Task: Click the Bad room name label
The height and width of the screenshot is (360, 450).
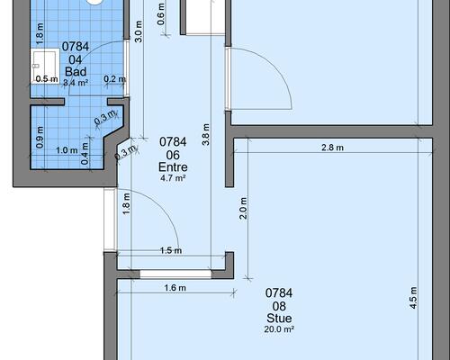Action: [x=76, y=71]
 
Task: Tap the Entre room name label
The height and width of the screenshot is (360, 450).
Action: [x=173, y=166]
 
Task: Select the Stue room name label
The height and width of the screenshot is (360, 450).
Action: [x=279, y=318]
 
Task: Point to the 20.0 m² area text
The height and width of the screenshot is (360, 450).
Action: [x=279, y=329]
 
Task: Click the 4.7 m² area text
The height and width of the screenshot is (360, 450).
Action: [x=173, y=178]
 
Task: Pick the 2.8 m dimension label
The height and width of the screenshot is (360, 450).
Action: [x=332, y=148]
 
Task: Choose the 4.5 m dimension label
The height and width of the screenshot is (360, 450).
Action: [x=413, y=298]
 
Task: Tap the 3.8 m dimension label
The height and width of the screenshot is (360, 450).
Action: [x=206, y=134]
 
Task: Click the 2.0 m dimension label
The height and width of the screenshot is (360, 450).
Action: [x=243, y=208]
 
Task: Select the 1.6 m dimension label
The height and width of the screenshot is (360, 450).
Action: [x=175, y=288]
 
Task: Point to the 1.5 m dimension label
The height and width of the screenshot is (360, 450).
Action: [x=171, y=250]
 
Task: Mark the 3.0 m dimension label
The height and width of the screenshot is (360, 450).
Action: [x=139, y=31]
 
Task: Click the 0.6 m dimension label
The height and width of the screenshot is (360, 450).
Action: [x=161, y=14]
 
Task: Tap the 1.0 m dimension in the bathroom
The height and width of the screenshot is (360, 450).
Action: [x=67, y=150]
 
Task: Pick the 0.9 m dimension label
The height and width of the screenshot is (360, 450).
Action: [x=40, y=137]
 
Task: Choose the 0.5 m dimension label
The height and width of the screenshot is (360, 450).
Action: [x=47, y=79]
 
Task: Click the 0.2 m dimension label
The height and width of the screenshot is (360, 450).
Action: [x=114, y=79]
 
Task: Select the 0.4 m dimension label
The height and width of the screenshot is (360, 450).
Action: [x=85, y=153]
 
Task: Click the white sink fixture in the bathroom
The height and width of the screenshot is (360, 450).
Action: [x=45, y=65]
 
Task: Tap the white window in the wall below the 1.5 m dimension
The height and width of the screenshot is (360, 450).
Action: [x=175, y=274]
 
